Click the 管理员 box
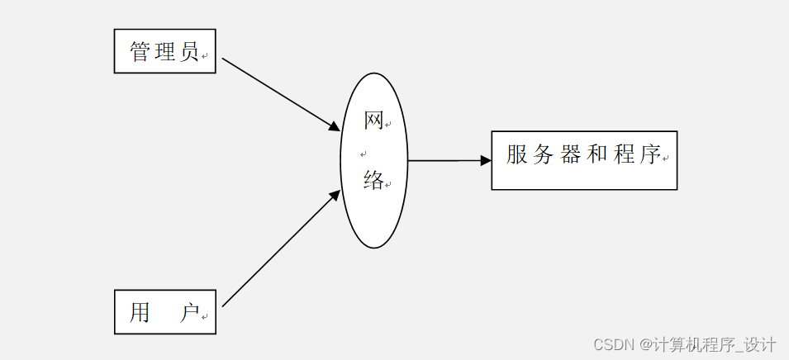pos(164,51)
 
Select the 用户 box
pos(164,311)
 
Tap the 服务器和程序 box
pos(584,160)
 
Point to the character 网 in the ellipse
pos(373,121)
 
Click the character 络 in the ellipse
pos(373,180)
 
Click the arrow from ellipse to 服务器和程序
pos(446,160)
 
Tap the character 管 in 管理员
pos(140,53)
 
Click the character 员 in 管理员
pos(189,53)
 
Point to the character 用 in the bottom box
pos(140,313)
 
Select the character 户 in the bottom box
pos(190,313)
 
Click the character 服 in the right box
pos(517,154)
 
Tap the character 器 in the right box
pos(571,154)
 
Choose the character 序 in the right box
pos(650,154)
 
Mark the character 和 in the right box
pos(597,154)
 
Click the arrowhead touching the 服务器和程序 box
pos(486,160)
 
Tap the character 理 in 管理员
pos(165,53)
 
